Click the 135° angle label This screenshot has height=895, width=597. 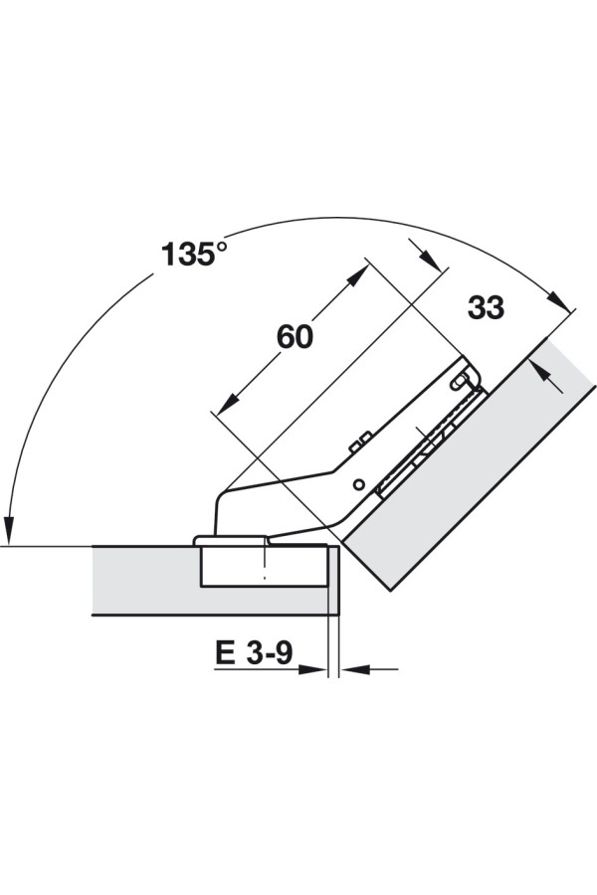(194, 254)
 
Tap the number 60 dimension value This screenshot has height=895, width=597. (295, 337)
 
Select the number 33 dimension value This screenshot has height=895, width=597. (487, 307)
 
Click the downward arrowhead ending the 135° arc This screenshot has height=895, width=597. (9, 531)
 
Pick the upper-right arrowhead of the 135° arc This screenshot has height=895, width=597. (560, 301)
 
